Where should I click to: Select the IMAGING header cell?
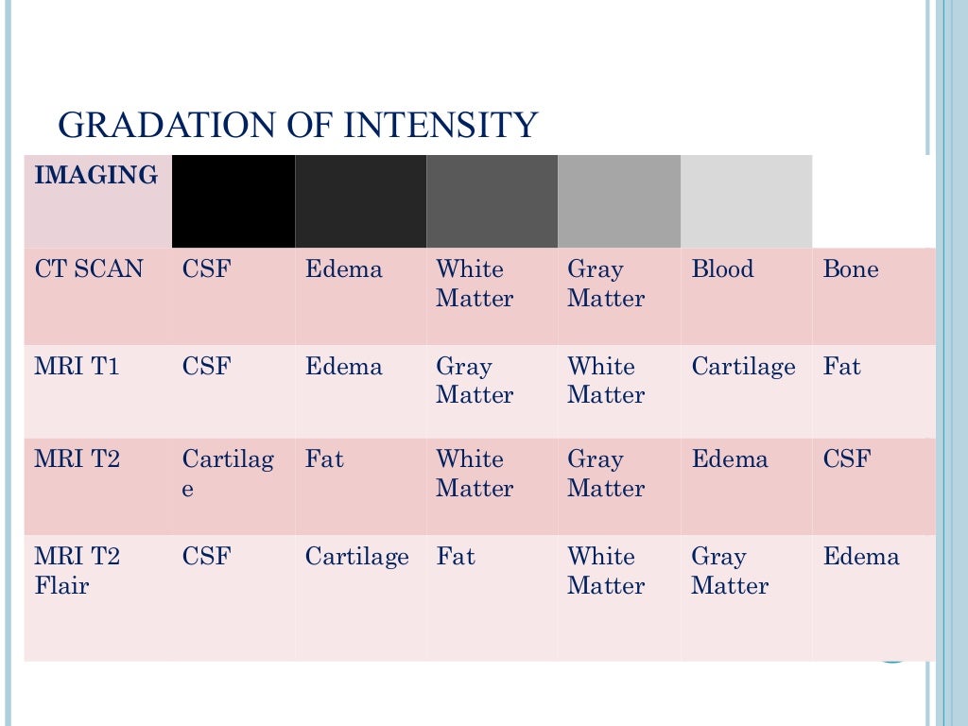click(x=95, y=176)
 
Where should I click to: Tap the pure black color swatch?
click(x=233, y=201)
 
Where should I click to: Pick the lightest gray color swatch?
click(x=746, y=201)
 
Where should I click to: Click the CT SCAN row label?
click(x=89, y=269)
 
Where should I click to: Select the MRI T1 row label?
click(x=78, y=367)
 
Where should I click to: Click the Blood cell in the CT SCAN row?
click(x=722, y=269)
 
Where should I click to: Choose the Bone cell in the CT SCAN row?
click(x=851, y=269)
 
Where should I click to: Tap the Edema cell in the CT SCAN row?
click(x=343, y=269)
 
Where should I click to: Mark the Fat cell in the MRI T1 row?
click(x=841, y=367)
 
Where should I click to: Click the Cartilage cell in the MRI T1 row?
click(x=743, y=367)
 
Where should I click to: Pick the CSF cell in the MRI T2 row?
click(x=847, y=459)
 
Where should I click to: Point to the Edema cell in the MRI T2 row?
click(x=730, y=459)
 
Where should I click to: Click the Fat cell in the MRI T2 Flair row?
click(x=455, y=557)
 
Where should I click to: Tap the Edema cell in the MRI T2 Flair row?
click(x=861, y=557)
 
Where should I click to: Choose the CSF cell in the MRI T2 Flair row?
click(x=206, y=557)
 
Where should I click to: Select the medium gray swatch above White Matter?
click(x=492, y=201)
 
